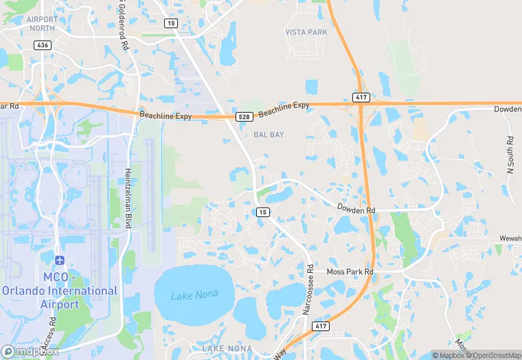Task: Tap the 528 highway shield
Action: coord(244,117)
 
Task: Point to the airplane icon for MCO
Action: coord(60,260)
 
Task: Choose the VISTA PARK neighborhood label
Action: coord(306,32)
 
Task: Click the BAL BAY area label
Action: coord(269,135)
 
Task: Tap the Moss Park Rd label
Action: coord(350,272)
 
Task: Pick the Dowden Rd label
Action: coord(356,207)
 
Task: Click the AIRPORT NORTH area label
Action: coord(43,24)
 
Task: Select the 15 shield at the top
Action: coord(170,23)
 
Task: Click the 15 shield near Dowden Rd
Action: coord(262,212)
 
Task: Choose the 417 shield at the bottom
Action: coord(320,326)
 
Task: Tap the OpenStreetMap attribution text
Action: coord(492,355)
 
